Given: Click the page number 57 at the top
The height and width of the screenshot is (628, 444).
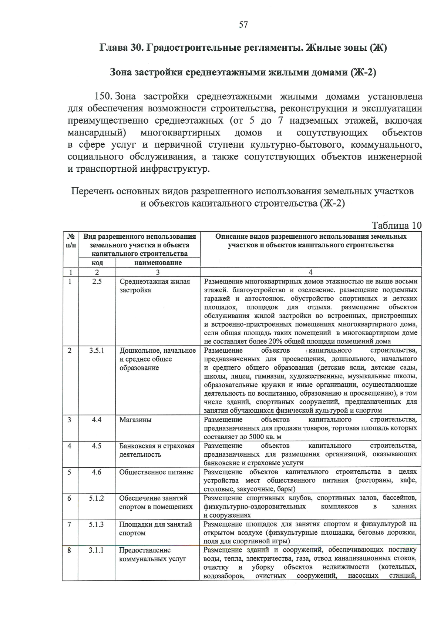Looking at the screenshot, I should [243, 25].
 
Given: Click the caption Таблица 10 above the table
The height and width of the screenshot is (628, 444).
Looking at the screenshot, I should [396, 225].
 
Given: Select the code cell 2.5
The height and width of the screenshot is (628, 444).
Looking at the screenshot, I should [97, 282].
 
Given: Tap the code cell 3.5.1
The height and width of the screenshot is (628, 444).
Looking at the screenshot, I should [97, 350].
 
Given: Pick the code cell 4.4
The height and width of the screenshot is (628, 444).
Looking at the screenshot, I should [97, 420].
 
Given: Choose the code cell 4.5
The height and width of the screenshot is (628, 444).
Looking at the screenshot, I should [97, 446].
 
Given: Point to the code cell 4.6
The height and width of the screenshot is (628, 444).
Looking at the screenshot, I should [97, 472].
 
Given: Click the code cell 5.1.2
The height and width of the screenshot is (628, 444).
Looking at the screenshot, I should [96, 498].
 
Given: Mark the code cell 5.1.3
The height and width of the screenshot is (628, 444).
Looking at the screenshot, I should [96, 524].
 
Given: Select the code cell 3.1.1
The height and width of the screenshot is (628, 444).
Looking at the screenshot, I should [96, 550].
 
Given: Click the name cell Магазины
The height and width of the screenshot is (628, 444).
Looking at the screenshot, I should [135, 420].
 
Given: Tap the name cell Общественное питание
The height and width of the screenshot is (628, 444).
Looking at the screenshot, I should [156, 472].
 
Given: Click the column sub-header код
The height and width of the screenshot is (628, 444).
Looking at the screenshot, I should [97, 263].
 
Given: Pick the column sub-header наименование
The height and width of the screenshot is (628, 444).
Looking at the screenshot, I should [158, 263].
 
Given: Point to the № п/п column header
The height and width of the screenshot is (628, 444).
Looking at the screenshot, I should [71, 241].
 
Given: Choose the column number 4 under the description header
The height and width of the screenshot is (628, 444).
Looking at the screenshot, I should [310, 272].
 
